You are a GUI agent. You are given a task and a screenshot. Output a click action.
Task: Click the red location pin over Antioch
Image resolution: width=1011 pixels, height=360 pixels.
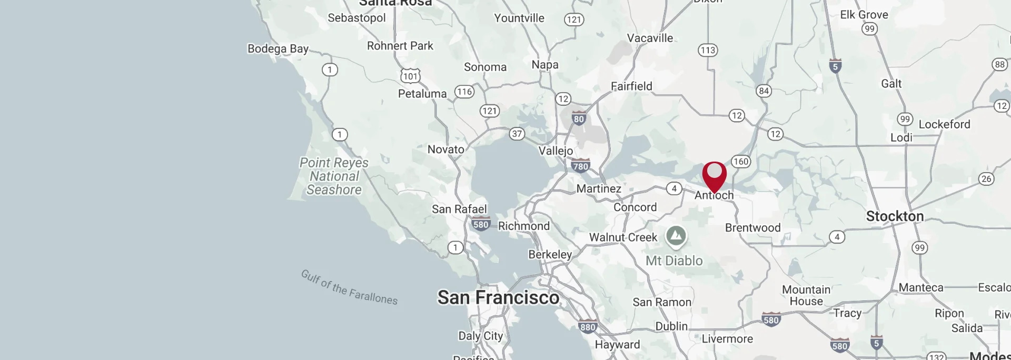coord(714,175)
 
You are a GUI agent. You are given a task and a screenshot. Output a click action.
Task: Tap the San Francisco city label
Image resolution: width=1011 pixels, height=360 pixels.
coord(498,297)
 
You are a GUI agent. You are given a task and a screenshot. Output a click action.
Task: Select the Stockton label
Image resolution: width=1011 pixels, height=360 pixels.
coord(895,216)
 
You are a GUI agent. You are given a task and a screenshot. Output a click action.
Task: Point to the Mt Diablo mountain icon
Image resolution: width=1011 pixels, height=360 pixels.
coord(676,236)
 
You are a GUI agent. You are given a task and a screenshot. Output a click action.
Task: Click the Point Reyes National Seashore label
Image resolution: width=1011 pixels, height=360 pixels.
coord(334,176)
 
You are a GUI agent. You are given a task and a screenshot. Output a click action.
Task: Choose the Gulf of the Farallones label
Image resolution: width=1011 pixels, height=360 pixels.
coord(349,287)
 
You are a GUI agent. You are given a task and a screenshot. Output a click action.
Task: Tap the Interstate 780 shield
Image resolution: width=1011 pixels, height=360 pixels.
coord(580,166)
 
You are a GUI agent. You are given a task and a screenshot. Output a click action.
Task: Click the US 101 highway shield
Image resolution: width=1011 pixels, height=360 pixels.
coord(410,76)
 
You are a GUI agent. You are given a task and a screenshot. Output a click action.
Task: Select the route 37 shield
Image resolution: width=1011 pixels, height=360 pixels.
coord(517,134)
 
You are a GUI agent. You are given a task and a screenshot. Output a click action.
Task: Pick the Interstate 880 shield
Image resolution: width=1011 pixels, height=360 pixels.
coord(588,326)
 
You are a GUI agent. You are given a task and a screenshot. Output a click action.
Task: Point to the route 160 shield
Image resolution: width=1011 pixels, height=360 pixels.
coord(740,162)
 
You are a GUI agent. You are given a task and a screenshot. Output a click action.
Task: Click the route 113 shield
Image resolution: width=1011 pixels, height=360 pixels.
coord(708,50)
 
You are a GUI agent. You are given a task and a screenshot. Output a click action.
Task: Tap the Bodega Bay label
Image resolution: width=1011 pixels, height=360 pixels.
coord(278,49)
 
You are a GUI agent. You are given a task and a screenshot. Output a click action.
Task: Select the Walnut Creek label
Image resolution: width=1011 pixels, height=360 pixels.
coord(623,237)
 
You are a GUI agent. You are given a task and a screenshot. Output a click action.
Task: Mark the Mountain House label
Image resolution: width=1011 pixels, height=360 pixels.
coord(806,295)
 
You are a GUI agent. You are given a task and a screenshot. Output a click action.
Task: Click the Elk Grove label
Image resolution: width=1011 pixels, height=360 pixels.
coord(864,15)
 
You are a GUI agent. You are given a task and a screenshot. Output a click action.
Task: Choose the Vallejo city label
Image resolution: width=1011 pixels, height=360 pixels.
coord(556,151)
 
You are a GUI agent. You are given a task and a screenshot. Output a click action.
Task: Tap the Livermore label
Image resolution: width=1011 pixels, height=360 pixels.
coord(727,339)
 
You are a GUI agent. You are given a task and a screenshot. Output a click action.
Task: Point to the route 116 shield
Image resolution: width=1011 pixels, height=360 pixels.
coord(464,92)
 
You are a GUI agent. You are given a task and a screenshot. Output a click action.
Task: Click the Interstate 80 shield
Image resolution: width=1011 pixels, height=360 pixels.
coord(579,118)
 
